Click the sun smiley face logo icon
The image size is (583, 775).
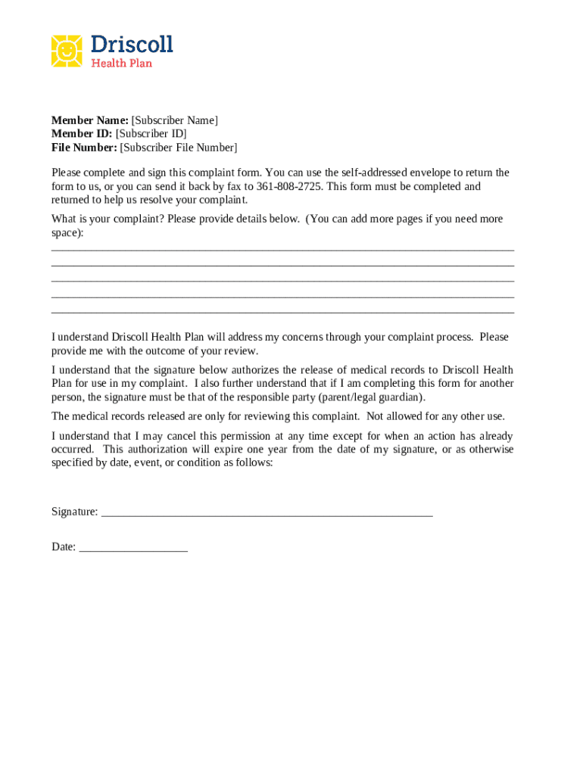point(67,51)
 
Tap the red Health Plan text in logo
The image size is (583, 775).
point(122,64)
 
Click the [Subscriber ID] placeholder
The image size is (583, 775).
point(151,134)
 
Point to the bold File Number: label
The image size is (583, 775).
point(84,148)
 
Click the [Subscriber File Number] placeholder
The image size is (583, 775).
point(179,148)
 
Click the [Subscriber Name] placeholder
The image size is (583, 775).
point(175,120)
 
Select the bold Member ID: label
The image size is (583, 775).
point(82,134)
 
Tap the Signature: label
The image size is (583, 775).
point(74,512)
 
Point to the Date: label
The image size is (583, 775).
point(64,547)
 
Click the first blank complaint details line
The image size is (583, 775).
point(282,249)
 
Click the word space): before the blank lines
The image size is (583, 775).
point(67,233)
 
